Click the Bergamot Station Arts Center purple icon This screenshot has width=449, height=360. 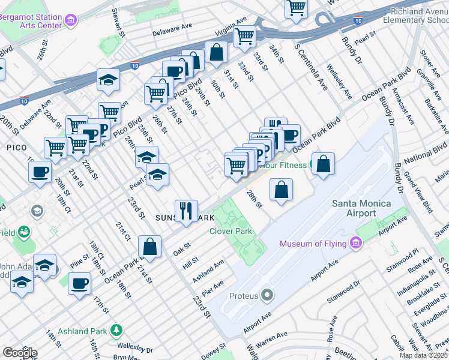pos(71,22)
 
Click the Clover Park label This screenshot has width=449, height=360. pos(231,231)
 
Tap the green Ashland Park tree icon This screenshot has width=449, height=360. pos(116,329)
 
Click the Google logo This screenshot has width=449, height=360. pos(20,353)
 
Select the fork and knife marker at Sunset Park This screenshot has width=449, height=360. pos(186,211)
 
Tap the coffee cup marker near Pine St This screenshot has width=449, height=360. pos(79,283)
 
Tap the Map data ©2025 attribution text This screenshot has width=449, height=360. pos(423,355)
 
